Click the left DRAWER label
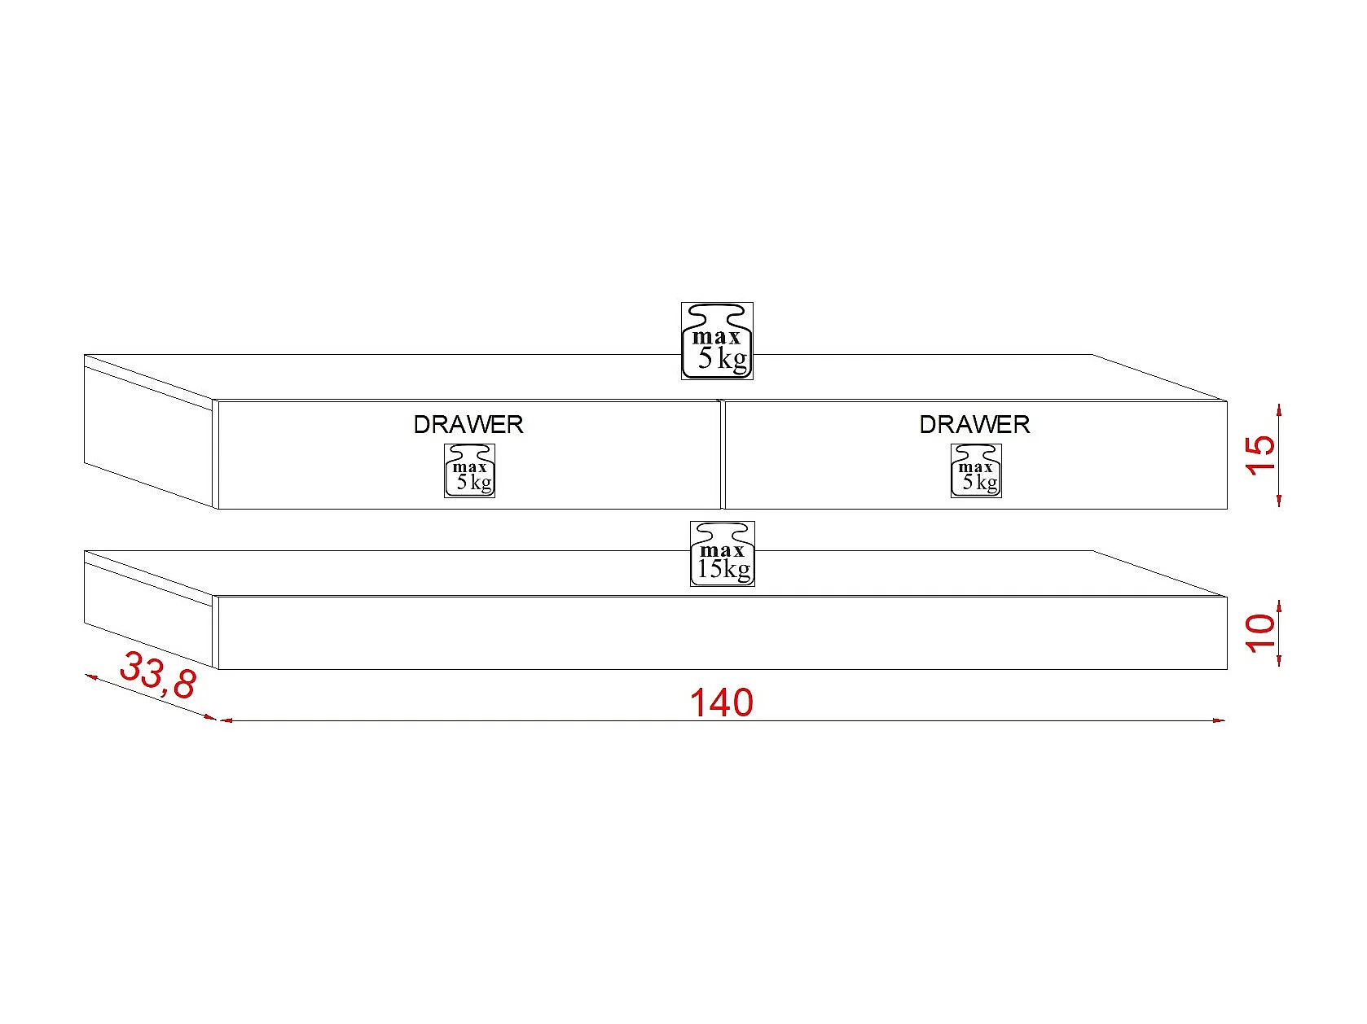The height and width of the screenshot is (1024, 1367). (468, 424)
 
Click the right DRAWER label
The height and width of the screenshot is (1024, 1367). (974, 424)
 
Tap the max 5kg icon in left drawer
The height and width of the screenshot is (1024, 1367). (470, 470)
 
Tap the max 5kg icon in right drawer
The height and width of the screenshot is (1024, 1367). (976, 470)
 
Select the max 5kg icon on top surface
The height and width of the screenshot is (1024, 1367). (717, 341)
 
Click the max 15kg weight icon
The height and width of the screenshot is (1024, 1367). (723, 554)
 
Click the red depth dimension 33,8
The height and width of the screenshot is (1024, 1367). (158, 676)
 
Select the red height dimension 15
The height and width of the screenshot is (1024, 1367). (1260, 455)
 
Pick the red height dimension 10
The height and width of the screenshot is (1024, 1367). (1260, 633)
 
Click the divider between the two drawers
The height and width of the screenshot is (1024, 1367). (723, 454)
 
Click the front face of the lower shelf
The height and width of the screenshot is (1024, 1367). (722, 633)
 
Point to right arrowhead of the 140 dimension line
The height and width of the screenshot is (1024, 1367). (1219, 720)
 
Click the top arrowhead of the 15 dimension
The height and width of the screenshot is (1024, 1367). (1280, 409)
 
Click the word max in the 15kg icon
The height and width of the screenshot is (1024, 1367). (722, 551)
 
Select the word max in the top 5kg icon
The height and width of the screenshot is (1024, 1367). (717, 337)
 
